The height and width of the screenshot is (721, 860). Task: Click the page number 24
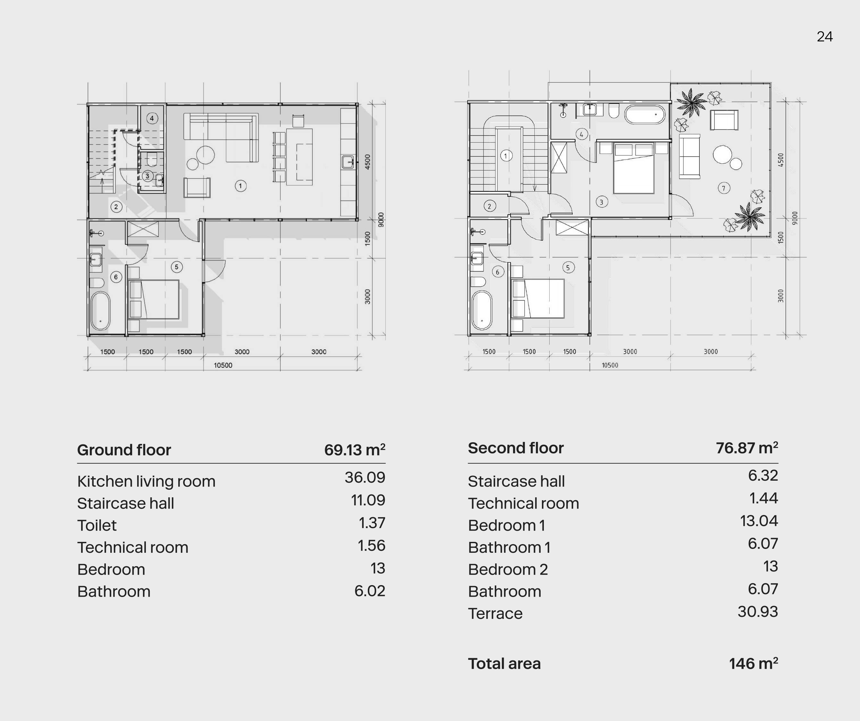[824, 37]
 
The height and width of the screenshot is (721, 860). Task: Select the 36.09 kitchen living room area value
[365, 477]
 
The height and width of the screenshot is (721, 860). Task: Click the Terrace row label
[495, 614]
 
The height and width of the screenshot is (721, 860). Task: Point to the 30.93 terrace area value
[758, 612]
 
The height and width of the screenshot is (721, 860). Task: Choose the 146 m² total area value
[754, 664]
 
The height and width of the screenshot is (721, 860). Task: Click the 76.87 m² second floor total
[747, 448]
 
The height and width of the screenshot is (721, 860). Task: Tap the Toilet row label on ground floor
[97, 526]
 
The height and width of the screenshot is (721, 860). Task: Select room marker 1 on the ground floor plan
[240, 186]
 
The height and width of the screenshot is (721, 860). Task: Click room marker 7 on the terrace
[724, 188]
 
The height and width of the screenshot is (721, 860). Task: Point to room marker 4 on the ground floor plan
[152, 118]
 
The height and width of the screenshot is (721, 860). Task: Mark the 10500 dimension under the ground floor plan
[223, 365]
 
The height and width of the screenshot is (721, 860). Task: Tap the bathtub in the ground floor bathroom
[100, 311]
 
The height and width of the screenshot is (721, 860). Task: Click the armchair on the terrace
[724, 120]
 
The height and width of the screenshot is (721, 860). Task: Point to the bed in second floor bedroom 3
[633, 168]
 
